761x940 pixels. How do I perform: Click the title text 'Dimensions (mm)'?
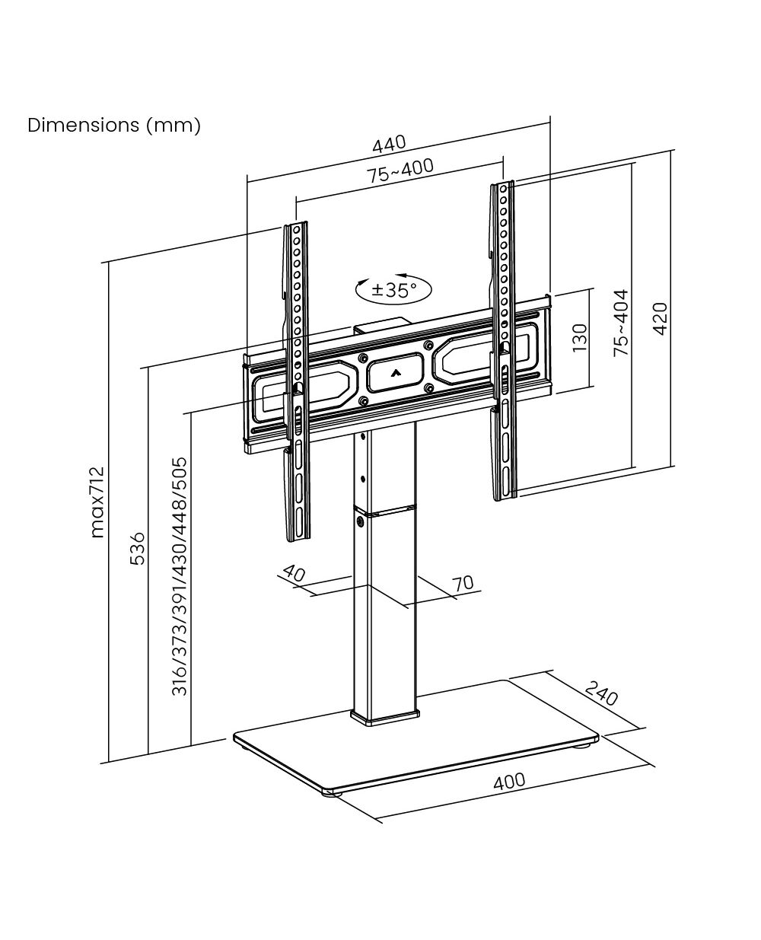click(x=114, y=126)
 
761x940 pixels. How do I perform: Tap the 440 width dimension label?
click(x=389, y=144)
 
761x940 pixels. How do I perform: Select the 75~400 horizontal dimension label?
click(x=401, y=170)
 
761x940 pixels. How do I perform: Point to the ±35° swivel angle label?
click(x=394, y=290)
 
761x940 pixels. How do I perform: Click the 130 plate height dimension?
click(x=580, y=338)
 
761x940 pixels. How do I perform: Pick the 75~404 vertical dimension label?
click(x=621, y=323)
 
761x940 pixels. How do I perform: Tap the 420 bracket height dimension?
click(x=660, y=319)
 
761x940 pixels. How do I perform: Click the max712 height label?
click(x=97, y=502)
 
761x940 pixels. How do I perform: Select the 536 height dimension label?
click(x=137, y=549)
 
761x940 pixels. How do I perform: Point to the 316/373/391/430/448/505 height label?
click(x=180, y=576)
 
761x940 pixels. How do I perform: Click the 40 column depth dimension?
click(x=295, y=573)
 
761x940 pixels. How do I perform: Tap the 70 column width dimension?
click(x=463, y=583)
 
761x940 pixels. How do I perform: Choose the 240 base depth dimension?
click(x=602, y=693)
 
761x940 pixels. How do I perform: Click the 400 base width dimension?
click(x=509, y=782)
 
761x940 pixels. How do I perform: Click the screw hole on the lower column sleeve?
click(x=361, y=522)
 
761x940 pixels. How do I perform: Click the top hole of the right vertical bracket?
click(x=504, y=190)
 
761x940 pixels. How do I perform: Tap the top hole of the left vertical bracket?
click(x=297, y=231)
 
